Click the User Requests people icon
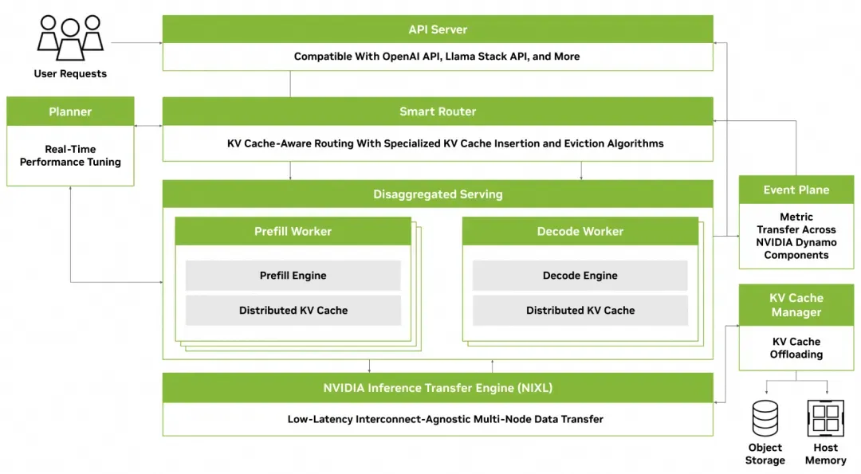pos(70,37)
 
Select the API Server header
pos(438,29)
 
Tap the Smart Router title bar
pos(438,112)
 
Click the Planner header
pos(70,112)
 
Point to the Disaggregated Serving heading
pos(438,194)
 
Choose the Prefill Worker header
pos(293,232)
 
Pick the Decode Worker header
pos(580,232)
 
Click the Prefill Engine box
pos(293,276)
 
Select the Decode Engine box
pos(580,276)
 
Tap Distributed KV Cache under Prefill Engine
pos(293,311)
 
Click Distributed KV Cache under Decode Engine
pos(580,311)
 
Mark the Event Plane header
pos(796,190)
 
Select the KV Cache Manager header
pos(796,305)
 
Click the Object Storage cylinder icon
pos(765,418)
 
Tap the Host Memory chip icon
pos(825,418)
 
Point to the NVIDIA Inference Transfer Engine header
pos(438,388)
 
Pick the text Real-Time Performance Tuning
pos(70,155)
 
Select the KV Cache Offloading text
pos(796,348)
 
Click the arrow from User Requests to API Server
pos(137,42)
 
